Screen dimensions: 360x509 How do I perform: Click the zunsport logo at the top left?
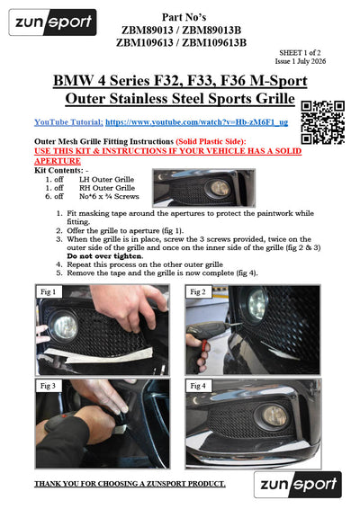tap(52, 22)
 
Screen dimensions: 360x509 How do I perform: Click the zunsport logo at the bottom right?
tap(298, 485)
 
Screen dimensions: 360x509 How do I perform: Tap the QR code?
tap(322, 122)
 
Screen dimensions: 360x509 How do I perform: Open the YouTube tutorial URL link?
tap(196, 122)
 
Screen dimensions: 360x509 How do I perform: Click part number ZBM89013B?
tap(211, 31)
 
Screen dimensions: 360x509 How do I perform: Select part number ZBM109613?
tap(145, 42)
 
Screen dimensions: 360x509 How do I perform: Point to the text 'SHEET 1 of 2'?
tap(300, 52)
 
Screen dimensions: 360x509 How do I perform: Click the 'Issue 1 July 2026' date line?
tap(301, 61)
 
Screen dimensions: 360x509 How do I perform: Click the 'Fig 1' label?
tap(48, 292)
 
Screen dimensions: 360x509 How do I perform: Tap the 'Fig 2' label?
tap(198, 292)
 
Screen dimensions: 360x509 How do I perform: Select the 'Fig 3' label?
tap(48, 386)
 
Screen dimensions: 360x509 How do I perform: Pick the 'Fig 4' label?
tap(198, 386)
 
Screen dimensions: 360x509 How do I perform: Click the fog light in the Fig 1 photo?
tap(65, 326)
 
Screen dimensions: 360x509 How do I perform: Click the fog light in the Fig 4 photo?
tap(274, 416)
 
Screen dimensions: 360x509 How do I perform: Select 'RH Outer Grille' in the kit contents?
tap(107, 188)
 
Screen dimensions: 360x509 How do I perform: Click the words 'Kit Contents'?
tap(58, 171)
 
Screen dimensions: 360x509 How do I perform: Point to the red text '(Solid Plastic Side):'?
tap(211, 141)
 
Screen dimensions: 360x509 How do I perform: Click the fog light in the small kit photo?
tap(220, 187)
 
